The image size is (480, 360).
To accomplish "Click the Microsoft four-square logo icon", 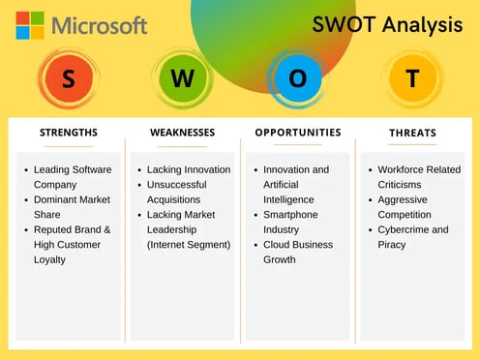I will coord(29,25).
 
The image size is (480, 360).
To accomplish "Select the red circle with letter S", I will coord(68,79).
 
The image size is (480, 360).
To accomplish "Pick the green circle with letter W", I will coord(182,79).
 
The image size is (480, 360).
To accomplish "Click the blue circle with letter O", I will coord(297,79).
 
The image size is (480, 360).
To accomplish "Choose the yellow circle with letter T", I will coord(412,79).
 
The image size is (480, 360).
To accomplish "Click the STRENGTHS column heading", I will coord(68,133).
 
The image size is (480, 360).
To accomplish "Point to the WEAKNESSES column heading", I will coord(182,133).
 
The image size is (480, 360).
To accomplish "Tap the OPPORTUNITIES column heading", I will coord(297,133).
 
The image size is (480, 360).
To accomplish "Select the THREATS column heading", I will coord(412,133).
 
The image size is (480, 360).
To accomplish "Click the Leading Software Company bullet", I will coord(73,177).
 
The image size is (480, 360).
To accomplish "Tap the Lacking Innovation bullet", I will coord(189,169).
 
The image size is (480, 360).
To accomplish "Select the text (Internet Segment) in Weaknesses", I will coord(189,245).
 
